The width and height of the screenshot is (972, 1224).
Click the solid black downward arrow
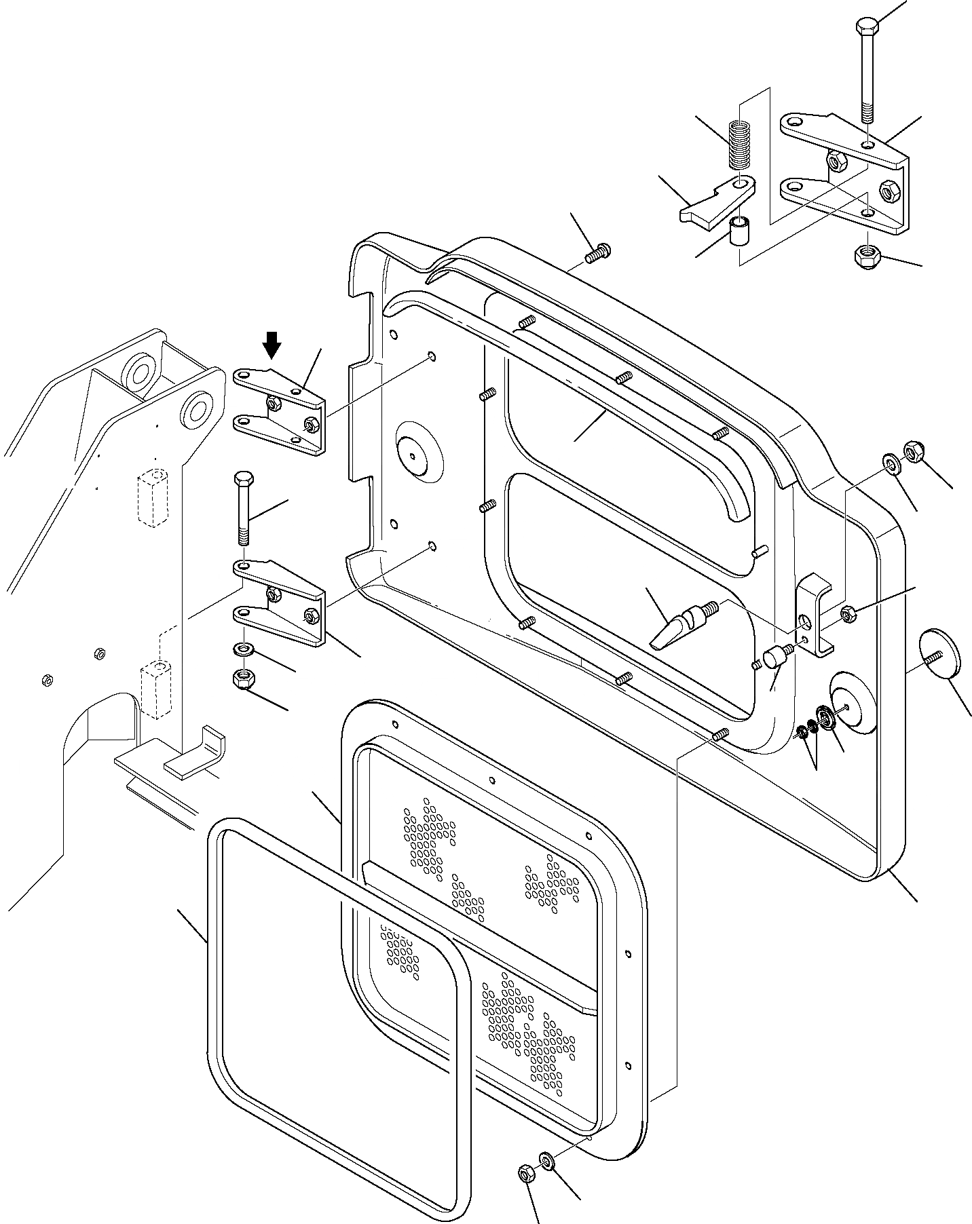[x=272, y=345]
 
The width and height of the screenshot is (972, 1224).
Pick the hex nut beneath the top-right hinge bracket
[x=864, y=256]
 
